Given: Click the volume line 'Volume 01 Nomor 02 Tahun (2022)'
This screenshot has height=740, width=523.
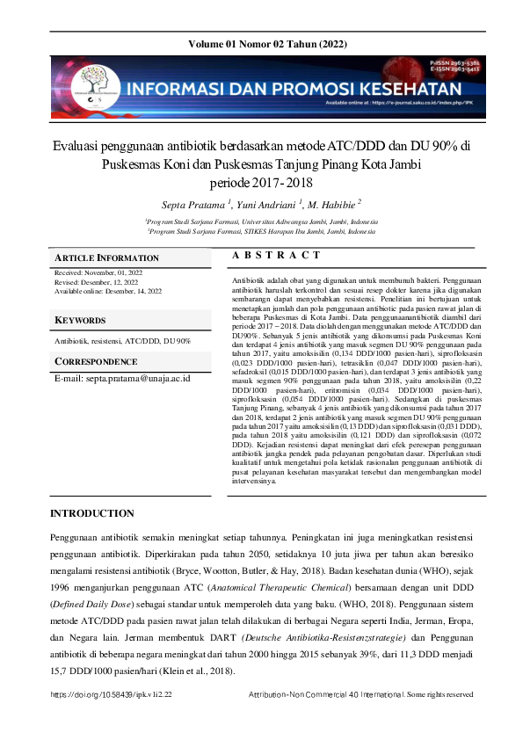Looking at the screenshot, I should (261, 44).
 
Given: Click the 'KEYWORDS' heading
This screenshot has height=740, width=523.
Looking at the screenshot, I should (80, 320).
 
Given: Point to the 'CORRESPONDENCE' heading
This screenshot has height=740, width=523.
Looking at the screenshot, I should (98, 361).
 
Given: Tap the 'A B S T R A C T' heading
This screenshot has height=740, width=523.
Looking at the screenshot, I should (277, 255).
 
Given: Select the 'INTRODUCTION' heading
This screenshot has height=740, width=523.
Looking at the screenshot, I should (92, 513).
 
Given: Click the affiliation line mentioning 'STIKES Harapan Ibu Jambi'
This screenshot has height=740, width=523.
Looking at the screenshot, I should (261, 232).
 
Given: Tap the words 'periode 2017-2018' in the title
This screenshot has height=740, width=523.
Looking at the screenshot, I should (261, 184).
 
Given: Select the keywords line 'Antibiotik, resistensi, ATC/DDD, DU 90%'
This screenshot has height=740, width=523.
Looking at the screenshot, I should (122, 340).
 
